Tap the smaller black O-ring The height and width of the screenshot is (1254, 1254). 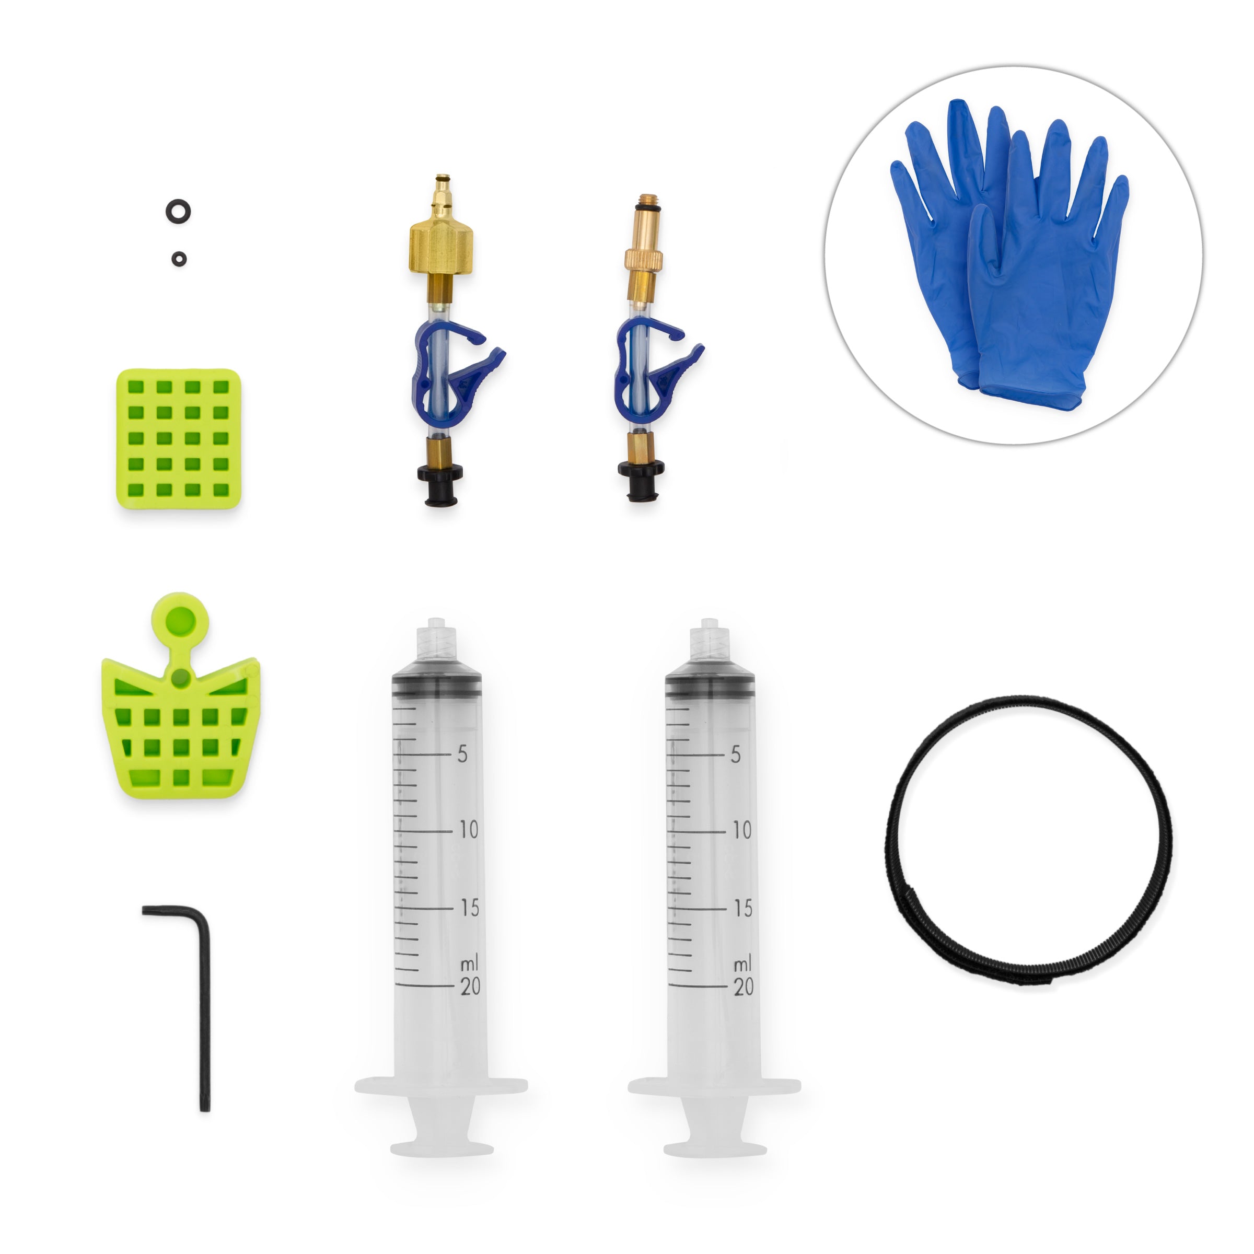point(179,259)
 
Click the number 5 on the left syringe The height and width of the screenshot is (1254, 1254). point(462,753)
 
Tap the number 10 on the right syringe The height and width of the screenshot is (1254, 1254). point(741,830)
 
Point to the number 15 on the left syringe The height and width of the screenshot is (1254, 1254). point(469,908)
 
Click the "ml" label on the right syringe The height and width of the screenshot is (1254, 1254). point(742,965)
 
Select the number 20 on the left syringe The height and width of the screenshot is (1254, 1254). point(470,986)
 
